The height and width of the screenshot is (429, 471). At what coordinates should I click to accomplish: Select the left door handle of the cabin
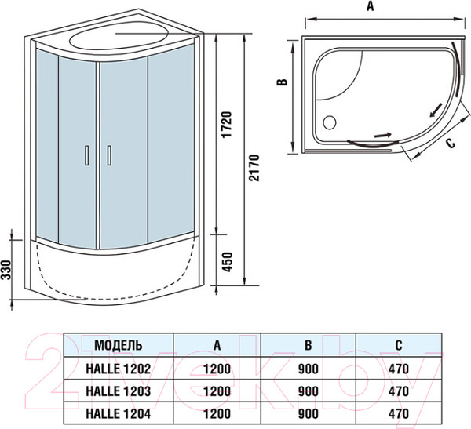[85, 156]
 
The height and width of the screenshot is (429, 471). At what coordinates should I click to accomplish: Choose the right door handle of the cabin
[109, 156]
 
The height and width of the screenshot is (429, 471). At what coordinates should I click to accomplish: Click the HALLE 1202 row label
[119, 366]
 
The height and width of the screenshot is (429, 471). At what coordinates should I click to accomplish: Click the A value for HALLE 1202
[217, 366]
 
